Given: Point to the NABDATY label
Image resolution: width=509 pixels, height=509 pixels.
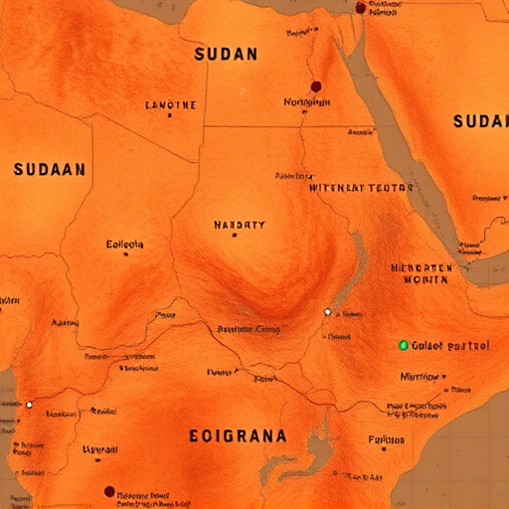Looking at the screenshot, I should [x=240, y=225].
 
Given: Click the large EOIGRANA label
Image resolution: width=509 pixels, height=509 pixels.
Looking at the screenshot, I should [x=238, y=435].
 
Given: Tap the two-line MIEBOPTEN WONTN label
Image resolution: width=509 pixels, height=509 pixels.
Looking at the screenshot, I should [x=422, y=273].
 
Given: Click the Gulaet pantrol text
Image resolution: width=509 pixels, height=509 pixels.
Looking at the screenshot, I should [x=451, y=346].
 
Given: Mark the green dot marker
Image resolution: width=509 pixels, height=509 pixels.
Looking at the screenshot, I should [x=403, y=345].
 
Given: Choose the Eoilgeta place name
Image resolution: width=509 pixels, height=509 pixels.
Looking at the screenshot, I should [x=124, y=244].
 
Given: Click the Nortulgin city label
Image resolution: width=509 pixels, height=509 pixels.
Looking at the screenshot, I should [x=305, y=101].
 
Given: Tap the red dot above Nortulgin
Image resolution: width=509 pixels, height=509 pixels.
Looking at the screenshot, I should [x=316, y=86].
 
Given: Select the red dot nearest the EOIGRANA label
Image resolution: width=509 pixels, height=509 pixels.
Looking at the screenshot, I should [x=109, y=491].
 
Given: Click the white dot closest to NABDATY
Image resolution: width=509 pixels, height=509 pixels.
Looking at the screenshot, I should [x=327, y=312].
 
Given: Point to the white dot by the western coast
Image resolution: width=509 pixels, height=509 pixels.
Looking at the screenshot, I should [x=29, y=405].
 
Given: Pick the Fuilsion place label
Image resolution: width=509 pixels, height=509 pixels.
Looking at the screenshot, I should [x=386, y=439].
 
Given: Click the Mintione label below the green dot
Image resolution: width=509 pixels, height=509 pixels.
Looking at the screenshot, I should [x=419, y=376].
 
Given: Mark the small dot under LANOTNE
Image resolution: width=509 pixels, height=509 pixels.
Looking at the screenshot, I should [x=170, y=116].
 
